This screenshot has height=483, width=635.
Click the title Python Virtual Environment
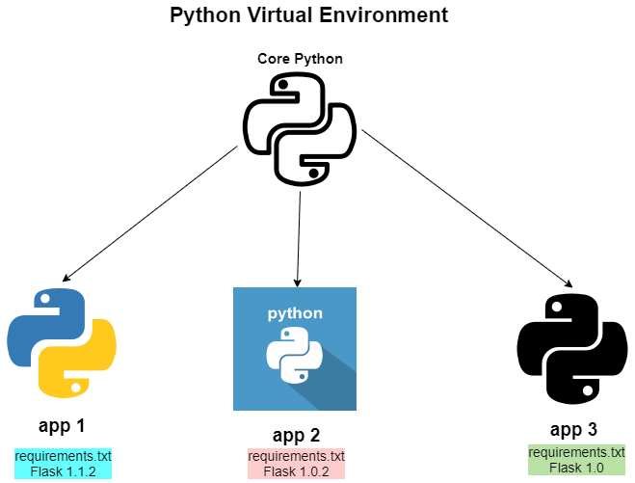pyautogui.click(x=308, y=15)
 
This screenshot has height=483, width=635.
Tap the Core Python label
pyautogui.click(x=300, y=59)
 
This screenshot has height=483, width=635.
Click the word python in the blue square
pyautogui.click(x=295, y=314)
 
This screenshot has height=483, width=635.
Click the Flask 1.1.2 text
pyautogui.click(x=64, y=470)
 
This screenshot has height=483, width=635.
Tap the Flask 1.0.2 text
pyautogui.click(x=296, y=471)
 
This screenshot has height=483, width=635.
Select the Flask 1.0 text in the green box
pyautogui.click(x=577, y=467)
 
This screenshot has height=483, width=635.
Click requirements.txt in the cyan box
pyautogui.click(x=64, y=456)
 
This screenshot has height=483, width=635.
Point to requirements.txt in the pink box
pyautogui.click(x=296, y=456)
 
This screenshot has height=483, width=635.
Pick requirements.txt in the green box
pyautogui.click(x=577, y=452)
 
